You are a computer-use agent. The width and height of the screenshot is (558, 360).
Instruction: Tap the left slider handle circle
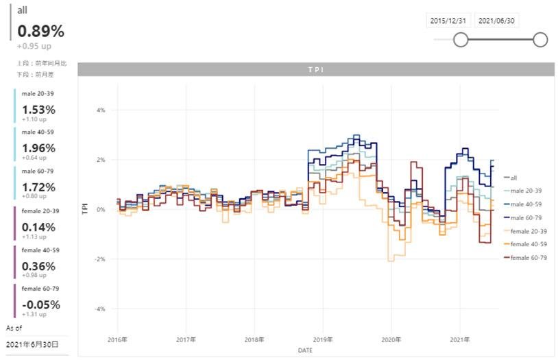[461, 40]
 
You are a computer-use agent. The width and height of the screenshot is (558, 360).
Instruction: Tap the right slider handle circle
[540, 40]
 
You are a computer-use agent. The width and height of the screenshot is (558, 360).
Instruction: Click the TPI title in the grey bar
[315, 70]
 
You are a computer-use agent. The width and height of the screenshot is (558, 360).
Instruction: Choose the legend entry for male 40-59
[529, 204]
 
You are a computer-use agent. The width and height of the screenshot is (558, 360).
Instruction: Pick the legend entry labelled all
[513, 178]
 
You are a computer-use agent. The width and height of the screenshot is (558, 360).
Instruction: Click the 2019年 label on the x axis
[323, 339]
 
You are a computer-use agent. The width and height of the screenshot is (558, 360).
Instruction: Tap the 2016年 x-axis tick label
[118, 339]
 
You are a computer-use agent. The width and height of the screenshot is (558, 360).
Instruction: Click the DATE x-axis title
[305, 350]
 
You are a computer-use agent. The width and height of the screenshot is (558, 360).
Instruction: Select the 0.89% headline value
[40, 32]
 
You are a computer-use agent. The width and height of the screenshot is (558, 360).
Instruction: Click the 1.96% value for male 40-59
[38, 147]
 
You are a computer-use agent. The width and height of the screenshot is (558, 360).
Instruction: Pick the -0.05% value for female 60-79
[41, 304]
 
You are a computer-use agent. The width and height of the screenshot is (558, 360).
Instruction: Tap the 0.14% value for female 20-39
[38, 227]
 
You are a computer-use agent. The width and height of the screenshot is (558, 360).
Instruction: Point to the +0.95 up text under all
[34, 47]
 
